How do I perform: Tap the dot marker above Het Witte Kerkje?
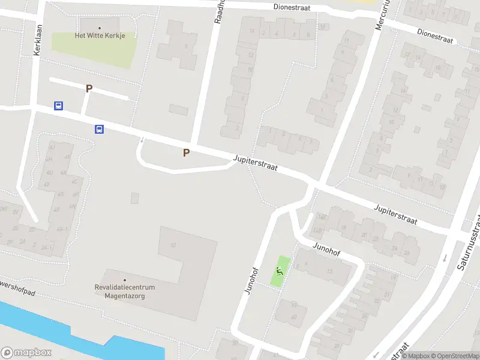click(100, 27)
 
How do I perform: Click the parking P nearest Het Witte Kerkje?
click(89, 89)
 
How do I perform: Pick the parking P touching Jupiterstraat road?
click(186, 152)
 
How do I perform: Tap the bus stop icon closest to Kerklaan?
click(58, 106)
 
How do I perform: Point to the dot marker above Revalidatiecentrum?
click(125, 280)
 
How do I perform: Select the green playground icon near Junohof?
click(279, 272)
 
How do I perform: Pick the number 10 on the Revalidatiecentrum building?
click(173, 245)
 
